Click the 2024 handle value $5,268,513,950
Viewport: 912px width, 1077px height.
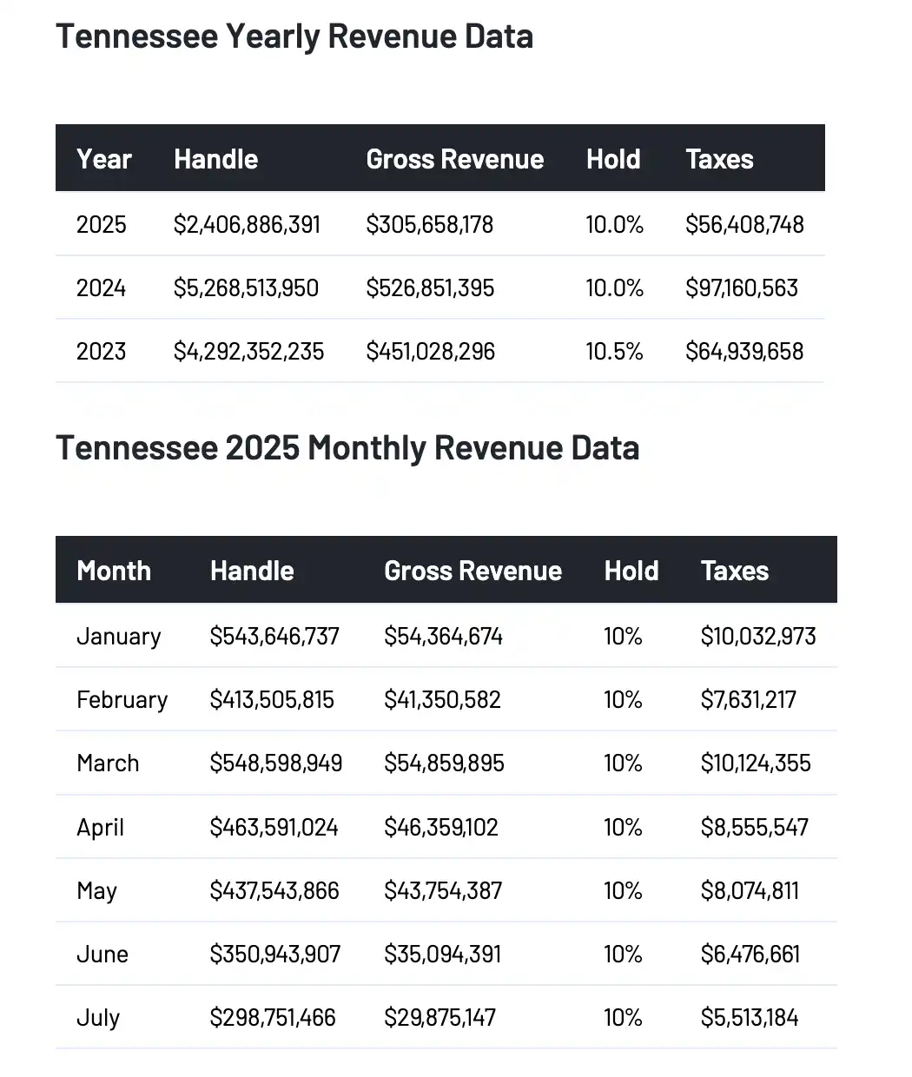pyautogui.click(x=246, y=288)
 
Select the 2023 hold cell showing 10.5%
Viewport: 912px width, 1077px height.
pyautogui.click(x=614, y=352)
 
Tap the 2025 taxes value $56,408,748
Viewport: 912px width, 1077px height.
pyautogui.click(x=744, y=225)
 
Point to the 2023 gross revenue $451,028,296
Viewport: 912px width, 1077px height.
pyautogui.click(x=430, y=352)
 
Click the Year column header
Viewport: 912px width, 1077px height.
pyautogui.click(x=104, y=160)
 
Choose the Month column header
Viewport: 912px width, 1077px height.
pyautogui.click(x=114, y=572)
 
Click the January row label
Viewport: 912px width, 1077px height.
pyautogui.click(x=119, y=637)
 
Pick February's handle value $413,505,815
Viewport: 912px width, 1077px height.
pyautogui.click(x=272, y=700)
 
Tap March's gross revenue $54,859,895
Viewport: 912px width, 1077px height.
pyautogui.click(x=444, y=763)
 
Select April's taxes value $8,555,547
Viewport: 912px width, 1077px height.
pyautogui.click(x=754, y=827)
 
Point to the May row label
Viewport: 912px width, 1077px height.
pyautogui.click(x=96, y=891)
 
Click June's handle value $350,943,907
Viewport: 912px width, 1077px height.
pyautogui.click(x=274, y=955)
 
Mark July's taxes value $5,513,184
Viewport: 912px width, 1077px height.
pyautogui.click(x=749, y=1018)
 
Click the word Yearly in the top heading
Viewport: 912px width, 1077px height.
pyautogui.click(x=273, y=36)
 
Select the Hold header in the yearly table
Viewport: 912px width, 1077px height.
pyautogui.click(x=613, y=160)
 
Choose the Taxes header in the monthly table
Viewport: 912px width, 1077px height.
pyautogui.click(x=734, y=572)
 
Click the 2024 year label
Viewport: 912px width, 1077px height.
pyautogui.click(x=101, y=288)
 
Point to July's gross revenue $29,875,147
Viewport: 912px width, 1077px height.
pyautogui.click(x=439, y=1018)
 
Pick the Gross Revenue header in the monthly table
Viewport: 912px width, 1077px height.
pyautogui.click(x=473, y=572)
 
